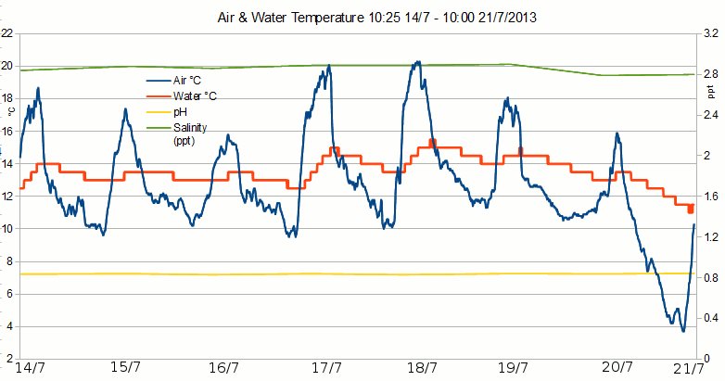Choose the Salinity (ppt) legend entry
point(190,128)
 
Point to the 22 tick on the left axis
point(6,33)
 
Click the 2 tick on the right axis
point(706,155)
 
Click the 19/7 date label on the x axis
point(513,368)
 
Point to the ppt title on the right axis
point(712,92)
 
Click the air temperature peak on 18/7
point(418,63)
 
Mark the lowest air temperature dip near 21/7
point(683,331)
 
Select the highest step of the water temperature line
point(432,141)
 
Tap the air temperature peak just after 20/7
point(617,133)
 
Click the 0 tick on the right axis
point(706,359)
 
